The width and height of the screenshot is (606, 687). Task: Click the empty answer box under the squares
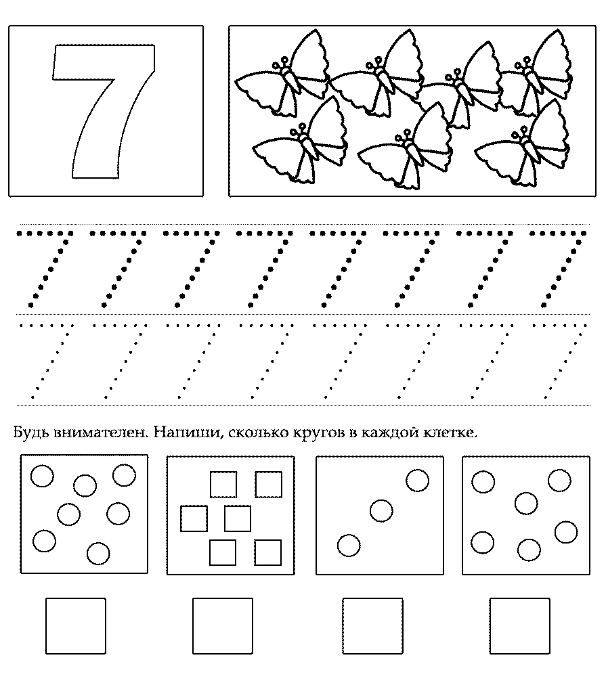pyautogui.click(x=223, y=625)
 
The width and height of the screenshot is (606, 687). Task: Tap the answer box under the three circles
pyautogui.click(x=372, y=625)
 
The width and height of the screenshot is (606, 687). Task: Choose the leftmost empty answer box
pyautogui.click(x=75, y=625)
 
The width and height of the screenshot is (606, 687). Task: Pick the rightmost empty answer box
pyautogui.click(x=520, y=625)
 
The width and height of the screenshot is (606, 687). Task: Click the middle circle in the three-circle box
pyautogui.click(x=381, y=511)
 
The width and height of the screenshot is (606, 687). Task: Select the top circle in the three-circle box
pyautogui.click(x=418, y=480)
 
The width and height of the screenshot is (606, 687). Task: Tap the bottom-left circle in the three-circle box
pyautogui.click(x=349, y=546)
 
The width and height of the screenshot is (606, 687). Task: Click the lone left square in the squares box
pyautogui.click(x=194, y=518)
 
